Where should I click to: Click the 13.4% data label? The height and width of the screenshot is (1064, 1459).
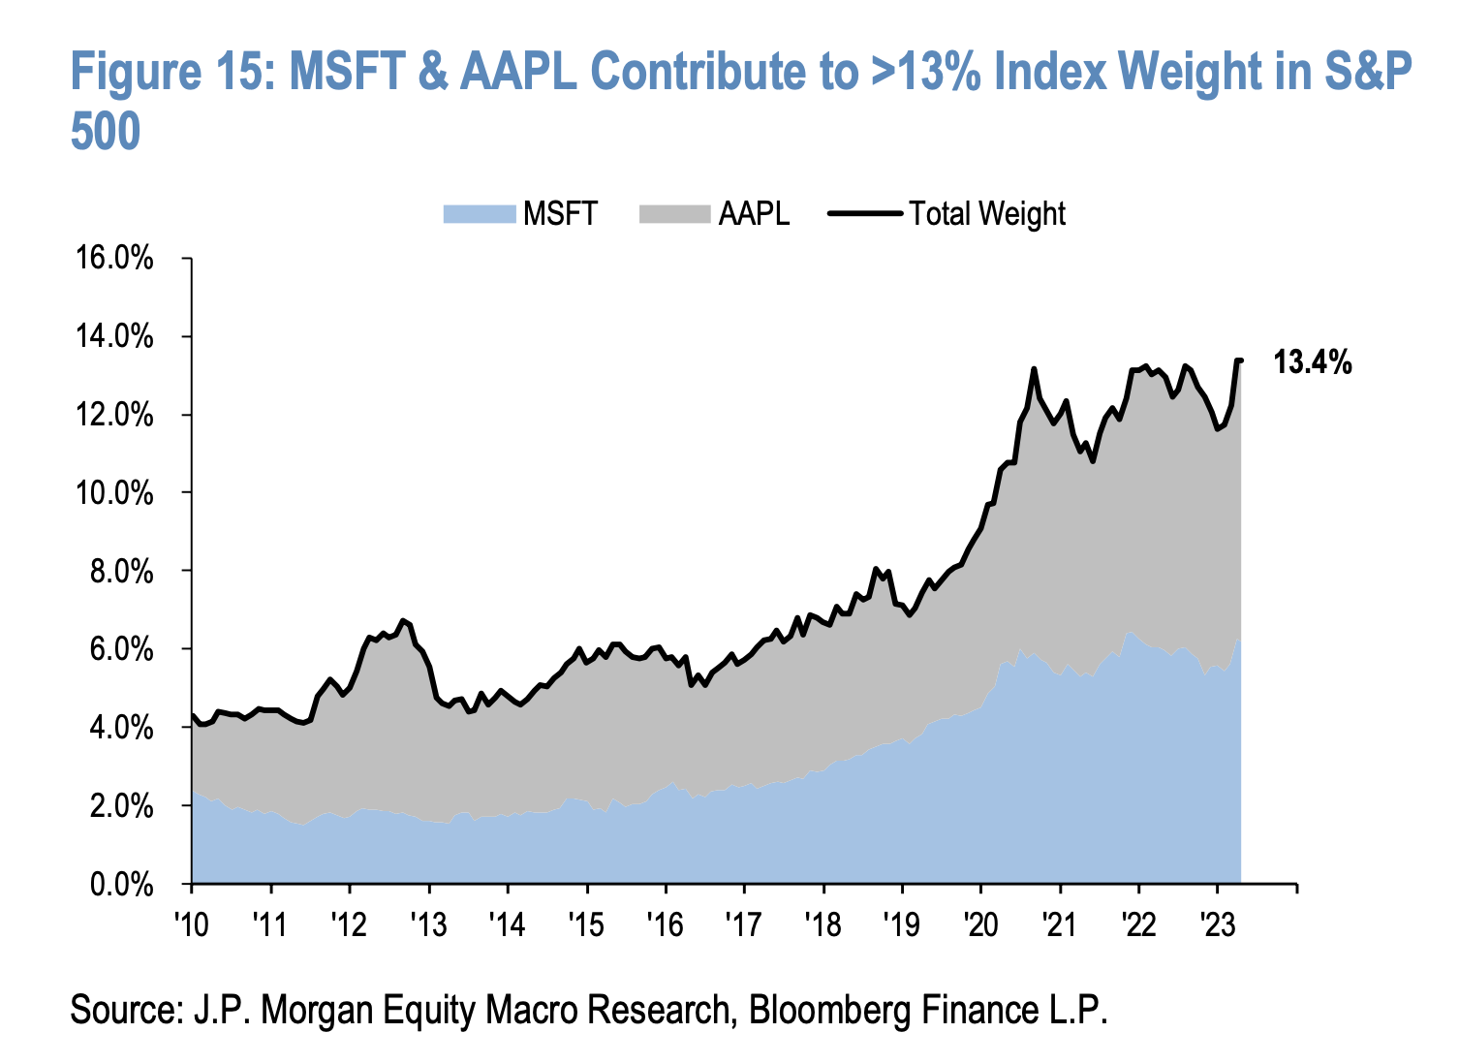(x=1312, y=363)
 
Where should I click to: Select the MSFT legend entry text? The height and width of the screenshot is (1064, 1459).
(x=560, y=214)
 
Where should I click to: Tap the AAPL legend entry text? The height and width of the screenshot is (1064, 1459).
(x=754, y=214)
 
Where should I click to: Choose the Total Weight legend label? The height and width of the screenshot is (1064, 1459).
(x=986, y=214)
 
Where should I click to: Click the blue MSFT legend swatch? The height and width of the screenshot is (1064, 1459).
(x=479, y=214)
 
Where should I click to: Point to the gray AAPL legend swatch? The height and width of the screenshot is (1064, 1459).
(x=674, y=214)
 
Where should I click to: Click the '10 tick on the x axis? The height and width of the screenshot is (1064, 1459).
(x=192, y=924)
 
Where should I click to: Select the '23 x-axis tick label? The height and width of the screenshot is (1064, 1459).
(x=1218, y=924)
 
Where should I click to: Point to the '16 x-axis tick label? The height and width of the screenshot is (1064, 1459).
(x=666, y=924)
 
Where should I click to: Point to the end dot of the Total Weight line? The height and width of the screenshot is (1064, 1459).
(x=1240, y=360)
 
